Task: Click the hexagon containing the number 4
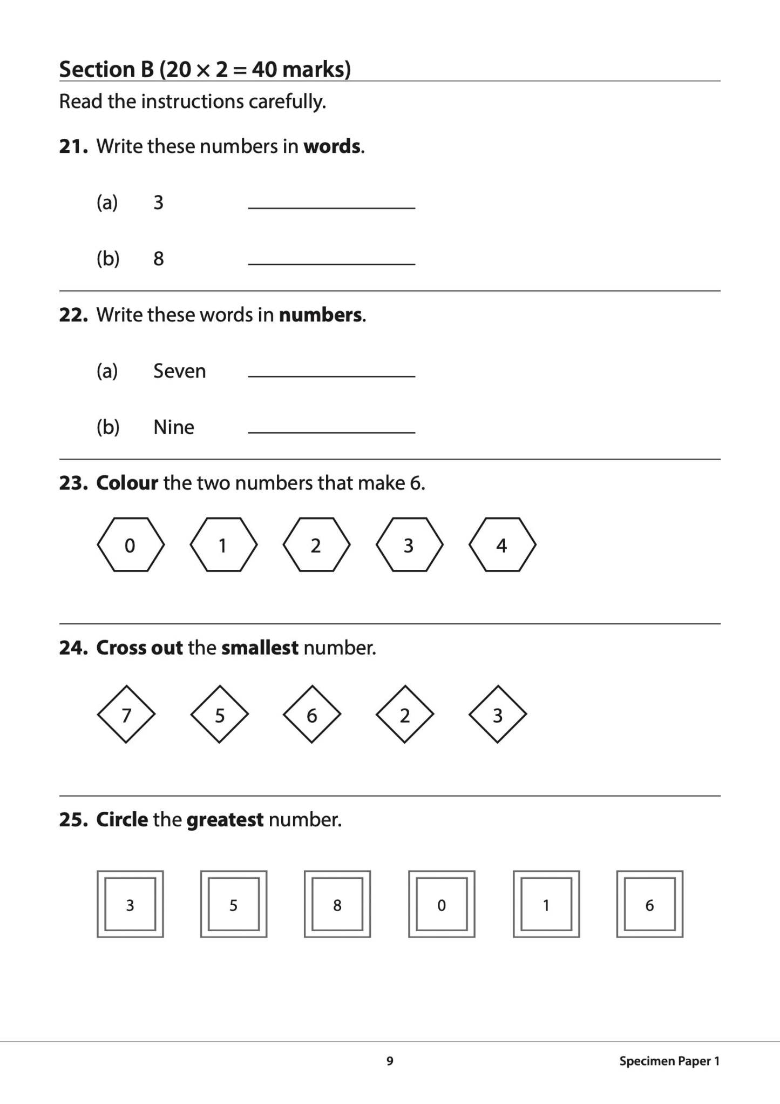502,545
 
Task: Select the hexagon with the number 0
130,545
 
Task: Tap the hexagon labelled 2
316,545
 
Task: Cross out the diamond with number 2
405,715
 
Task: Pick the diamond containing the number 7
126,715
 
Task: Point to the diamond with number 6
312,715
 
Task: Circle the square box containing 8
337,904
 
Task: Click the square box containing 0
442,904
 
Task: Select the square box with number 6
649,904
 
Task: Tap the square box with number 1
546,904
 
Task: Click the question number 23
73,483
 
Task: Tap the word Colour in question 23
127,483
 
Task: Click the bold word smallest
260,648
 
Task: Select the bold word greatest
225,820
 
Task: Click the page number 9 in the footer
390,1061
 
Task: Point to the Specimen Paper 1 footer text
669,1061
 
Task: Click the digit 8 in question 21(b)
158,259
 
